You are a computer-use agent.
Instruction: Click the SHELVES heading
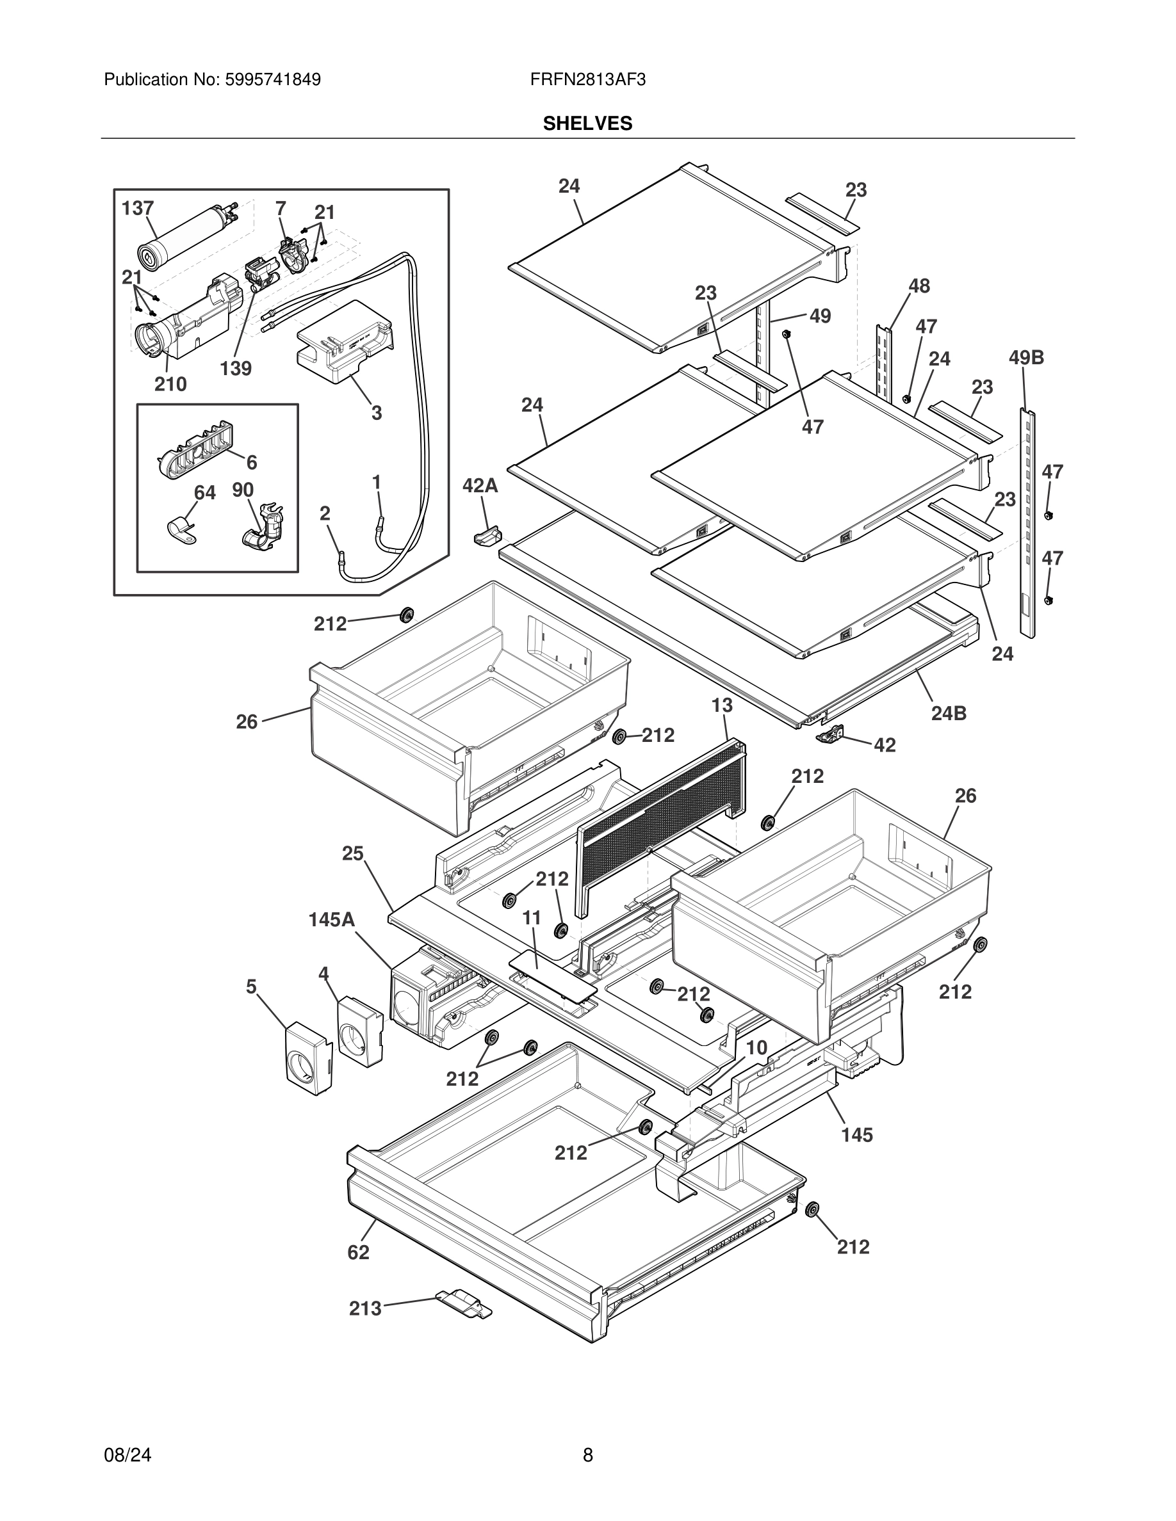coord(587,124)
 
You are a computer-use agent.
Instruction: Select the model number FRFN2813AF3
coord(587,80)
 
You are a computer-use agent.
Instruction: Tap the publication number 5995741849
coord(272,80)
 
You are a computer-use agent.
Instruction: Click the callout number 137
coord(137,208)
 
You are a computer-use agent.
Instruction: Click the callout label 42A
coord(480,485)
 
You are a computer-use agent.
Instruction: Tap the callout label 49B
coord(1026,358)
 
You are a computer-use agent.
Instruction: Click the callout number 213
coord(365,1308)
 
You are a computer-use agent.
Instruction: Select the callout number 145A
coord(332,920)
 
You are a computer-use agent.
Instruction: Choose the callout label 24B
coord(949,713)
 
